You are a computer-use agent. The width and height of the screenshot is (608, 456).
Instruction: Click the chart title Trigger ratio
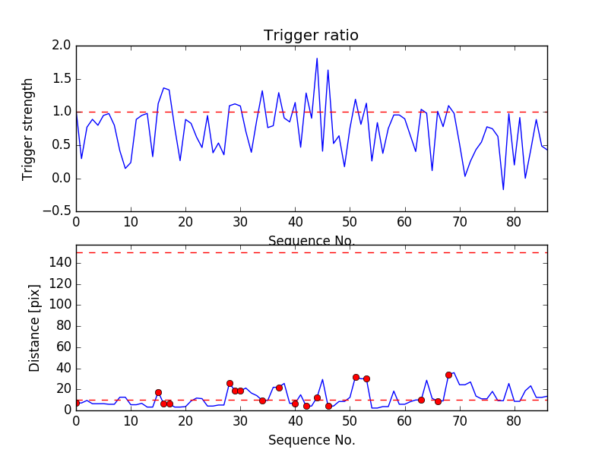click(311, 36)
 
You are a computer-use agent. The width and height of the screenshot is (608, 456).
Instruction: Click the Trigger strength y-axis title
click(28, 128)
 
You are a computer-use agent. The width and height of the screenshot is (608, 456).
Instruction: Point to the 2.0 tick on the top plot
click(62, 46)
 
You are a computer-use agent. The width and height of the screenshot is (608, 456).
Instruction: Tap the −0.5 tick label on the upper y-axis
click(58, 211)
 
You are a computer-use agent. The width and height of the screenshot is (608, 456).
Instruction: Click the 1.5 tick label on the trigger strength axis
click(62, 79)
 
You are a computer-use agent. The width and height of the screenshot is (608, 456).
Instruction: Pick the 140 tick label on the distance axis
click(60, 263)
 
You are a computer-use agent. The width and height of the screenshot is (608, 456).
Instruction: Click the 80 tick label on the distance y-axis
click(63, 326)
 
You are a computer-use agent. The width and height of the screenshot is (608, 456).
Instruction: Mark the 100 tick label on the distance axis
click(60, 305)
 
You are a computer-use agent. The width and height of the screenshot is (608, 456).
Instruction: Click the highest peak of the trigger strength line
click(317, 59)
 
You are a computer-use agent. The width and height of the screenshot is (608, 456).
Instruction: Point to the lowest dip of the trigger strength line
click(503, 189)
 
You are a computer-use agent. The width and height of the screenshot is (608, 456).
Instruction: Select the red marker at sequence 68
click(448, 375)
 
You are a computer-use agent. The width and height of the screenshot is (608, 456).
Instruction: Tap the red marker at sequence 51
click(356, 377)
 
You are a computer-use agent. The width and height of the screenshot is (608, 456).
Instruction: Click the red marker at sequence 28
click(230, 384)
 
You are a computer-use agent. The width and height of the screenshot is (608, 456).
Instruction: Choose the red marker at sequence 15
click(158, 392)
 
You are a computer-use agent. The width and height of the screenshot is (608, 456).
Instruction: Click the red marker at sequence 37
click(279, 388)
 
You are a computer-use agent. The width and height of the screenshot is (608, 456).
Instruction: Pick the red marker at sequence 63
click(421, 400)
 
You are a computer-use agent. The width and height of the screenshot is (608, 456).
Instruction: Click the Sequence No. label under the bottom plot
click(311, 440)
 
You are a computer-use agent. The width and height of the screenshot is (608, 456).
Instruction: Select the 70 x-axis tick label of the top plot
click(459, 223)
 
